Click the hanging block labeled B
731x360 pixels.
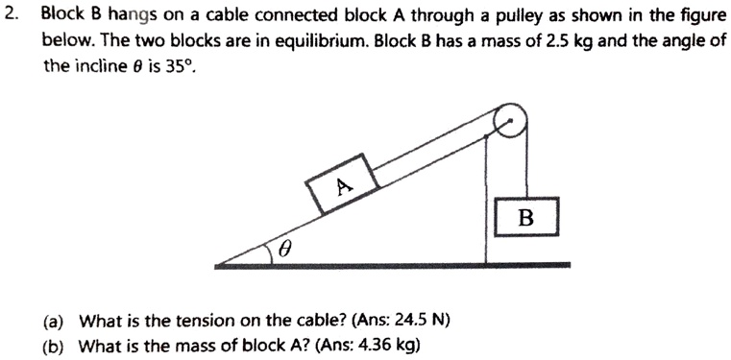pyautogui.click(x=525, y=217)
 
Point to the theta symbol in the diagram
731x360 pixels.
pyautogui.click(x=284, y=249)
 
